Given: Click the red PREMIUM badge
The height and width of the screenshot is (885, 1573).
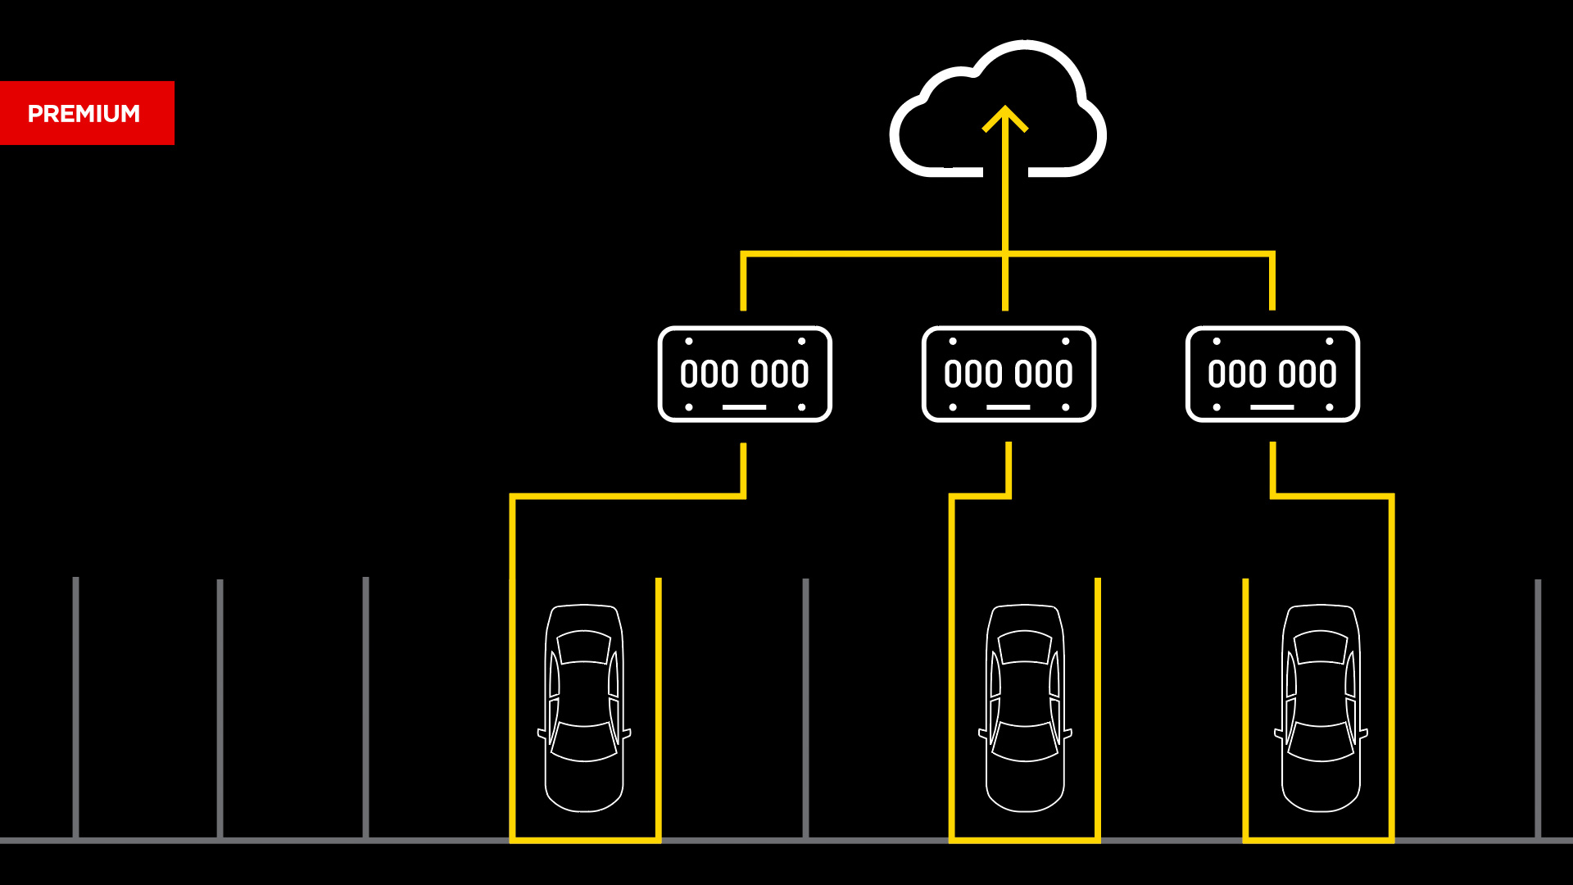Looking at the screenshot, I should pos(87,113).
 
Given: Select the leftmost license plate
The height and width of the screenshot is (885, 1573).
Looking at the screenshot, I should pos(745,374).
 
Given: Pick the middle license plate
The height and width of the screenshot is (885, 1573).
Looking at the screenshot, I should pos(1009,374).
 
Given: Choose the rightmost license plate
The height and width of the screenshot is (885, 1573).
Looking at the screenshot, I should pos(1272,374).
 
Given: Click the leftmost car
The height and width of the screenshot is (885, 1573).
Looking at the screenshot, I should pos(584,708).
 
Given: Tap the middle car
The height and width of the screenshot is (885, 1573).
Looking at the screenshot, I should pos(1025,708).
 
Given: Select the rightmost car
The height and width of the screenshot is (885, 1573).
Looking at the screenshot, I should pos(1321,708).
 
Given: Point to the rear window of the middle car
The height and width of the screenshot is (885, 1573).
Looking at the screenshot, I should pos(1025,742).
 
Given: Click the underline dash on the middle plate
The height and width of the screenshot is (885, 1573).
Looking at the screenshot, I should pos(1009,407).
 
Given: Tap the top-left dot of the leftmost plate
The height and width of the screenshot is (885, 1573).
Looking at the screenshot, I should pos(689,341).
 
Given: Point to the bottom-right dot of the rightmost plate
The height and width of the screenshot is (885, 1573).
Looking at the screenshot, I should pos(1329,407).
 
